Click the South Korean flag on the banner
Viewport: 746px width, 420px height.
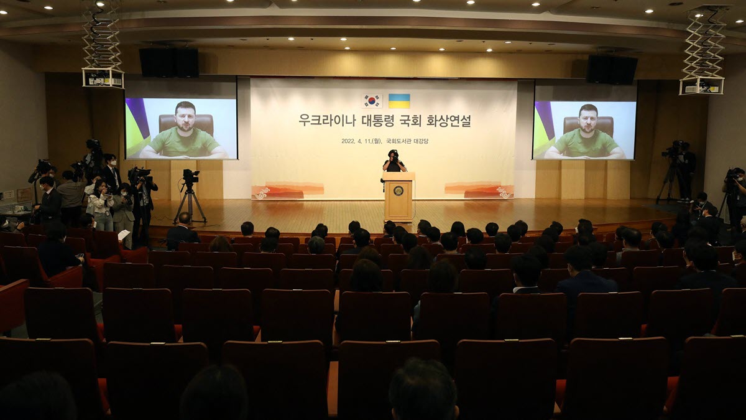(x=372, y=101)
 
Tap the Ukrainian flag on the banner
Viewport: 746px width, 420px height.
(x=399, y=101)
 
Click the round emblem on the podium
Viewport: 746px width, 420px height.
(x=398, y=191)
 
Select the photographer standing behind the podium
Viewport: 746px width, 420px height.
(x=394, y=161)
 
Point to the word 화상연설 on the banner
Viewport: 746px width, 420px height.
(x=448, y=120)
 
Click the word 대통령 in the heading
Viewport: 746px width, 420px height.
(x=379, y=120)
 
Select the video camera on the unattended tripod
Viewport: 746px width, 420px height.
(x=191, y=176)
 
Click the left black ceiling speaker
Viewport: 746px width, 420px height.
(x=169, y=62)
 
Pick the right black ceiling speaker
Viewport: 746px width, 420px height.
(x=612, y=70)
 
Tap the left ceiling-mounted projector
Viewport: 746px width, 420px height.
(x=103, y=78)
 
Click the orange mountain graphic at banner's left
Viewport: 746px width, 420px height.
(x=287, y=190)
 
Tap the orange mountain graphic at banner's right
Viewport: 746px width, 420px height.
(x=479, y=190)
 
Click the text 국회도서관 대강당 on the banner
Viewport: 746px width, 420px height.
(x=407, y=141)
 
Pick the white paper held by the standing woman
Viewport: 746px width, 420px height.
(x=124, y=235)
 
